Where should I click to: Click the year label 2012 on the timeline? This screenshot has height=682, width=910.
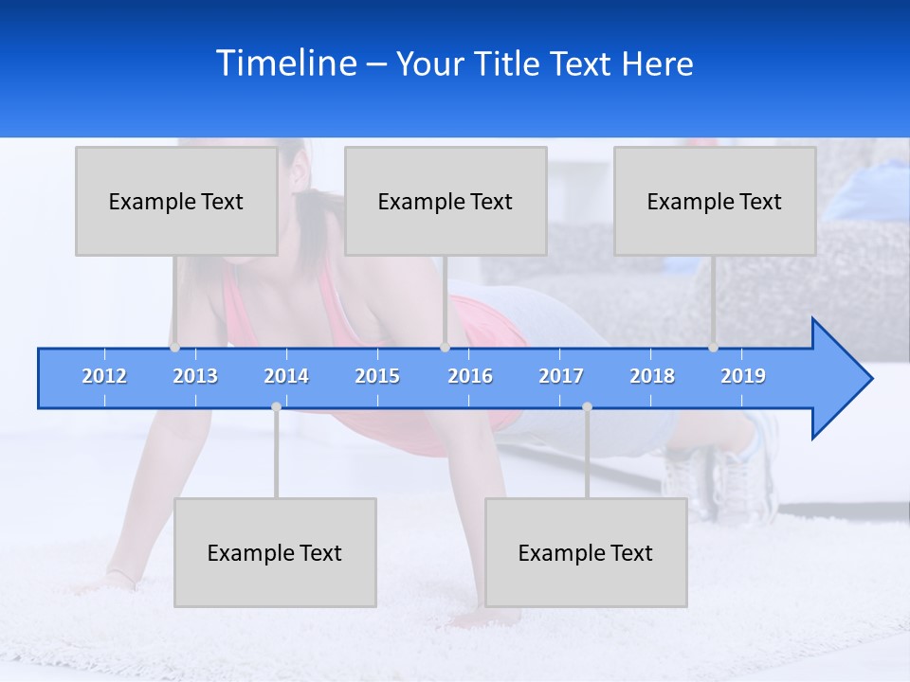104,376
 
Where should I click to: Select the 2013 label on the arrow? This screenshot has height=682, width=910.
195,376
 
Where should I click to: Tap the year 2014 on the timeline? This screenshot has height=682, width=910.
286,376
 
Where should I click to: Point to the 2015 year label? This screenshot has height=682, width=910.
377,376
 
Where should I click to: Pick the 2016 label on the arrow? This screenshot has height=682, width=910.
470,376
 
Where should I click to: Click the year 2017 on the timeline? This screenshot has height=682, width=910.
561,376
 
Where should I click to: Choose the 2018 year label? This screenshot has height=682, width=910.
652,376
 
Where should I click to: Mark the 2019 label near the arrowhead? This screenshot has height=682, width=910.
743,376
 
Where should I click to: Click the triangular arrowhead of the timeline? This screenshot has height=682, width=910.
839,379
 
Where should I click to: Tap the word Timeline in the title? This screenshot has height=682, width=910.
285,63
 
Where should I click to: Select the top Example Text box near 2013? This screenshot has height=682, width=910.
176,201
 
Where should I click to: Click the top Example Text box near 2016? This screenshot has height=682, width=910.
446,201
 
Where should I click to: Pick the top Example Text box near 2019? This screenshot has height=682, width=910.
715,201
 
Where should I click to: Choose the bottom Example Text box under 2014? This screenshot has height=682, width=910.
275,552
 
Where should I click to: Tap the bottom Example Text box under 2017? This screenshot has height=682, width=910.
586,552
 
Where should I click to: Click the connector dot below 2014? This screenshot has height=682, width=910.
276,406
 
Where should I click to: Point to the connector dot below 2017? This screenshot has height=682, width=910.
587,406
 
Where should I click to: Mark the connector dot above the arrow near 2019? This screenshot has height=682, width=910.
714,347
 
